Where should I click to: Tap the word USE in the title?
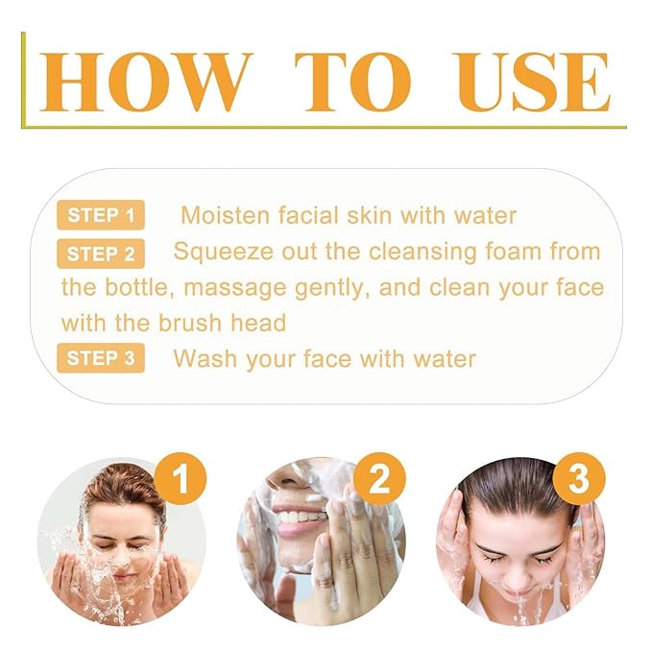(x=533, y=83)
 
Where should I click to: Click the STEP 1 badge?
(x=101, y=215)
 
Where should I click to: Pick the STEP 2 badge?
(x=101, y=254)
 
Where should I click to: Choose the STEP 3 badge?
(x=101, y=359)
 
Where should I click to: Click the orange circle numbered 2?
(x=380, y=479)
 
